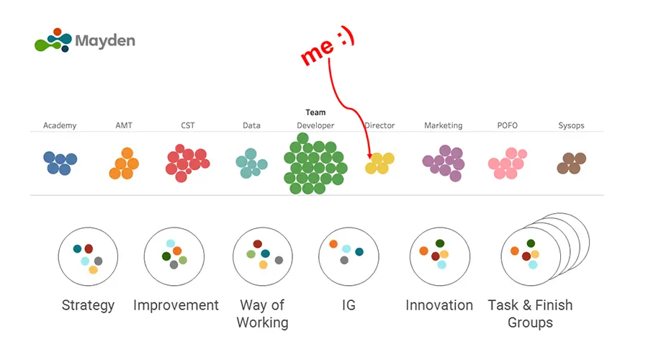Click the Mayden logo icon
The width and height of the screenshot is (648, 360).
tap(53, 40)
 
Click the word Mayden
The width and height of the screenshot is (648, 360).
tap(105, 41)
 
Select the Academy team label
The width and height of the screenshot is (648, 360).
tap(60, 125)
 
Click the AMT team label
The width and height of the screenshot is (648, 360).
tap(125, 125)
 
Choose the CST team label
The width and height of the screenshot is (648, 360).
tap(188, 125)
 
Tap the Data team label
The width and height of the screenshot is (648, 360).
tap(251, 125)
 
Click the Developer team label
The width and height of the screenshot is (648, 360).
tap(315, 125)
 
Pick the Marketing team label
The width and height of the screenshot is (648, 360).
tap(443, 125)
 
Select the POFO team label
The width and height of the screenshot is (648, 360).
tap(507, 125)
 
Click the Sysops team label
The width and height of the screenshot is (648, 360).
tap(571, 125)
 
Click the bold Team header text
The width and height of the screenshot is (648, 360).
tap(315, 112)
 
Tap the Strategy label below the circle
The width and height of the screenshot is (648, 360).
tap(88, 305)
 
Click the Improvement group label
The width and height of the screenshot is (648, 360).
tap(176, 305)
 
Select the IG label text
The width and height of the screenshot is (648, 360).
tap(348, 305)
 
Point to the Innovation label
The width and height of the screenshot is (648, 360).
tap(439, 305)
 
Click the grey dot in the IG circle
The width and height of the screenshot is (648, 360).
tap(345, 260)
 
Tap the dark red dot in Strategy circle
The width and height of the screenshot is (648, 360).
tap(89, 248)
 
